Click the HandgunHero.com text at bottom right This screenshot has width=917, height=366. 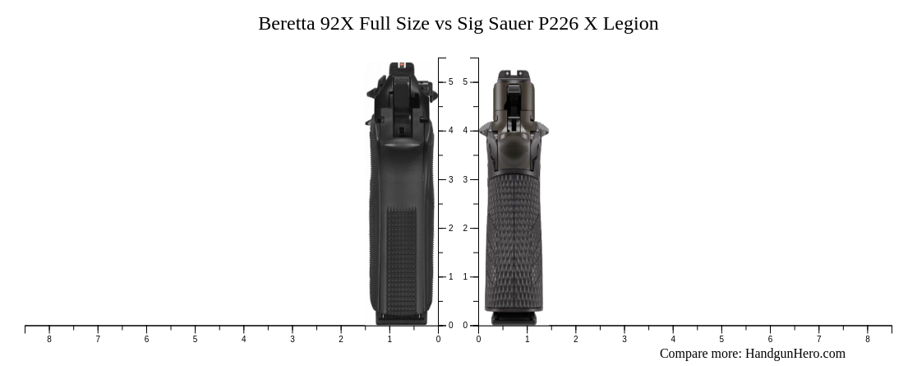pyautogui.click(x=795, y=354)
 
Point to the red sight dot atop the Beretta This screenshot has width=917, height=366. pyautogui.click(x=402, y=65)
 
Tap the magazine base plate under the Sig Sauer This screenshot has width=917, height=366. pyautogui.click(x=514, y=318)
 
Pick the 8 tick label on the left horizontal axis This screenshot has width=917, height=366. pyautogui.click(x=49, y=339)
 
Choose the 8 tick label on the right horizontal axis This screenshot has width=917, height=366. pyautogui.click(x=867, y=339)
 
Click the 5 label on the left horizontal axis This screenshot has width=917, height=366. pyautogui.click(x=195, y=339)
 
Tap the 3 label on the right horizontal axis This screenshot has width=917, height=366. pyautogui.click(x=624, y=339)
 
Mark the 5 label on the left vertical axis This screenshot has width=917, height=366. pyautogui.click(x=450, y=82)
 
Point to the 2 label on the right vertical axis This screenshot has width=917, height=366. pyautogui.click(x=465, y=229)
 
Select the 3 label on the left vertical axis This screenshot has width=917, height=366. pyautogui.click(x=450, y=179)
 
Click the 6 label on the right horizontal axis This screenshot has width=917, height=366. pyautogui.click(x=770, y=339)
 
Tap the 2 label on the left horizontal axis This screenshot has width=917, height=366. pyautogui.click(x=341, y=339)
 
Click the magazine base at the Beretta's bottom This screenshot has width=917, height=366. pyautogui.click(x=402, y=317)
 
